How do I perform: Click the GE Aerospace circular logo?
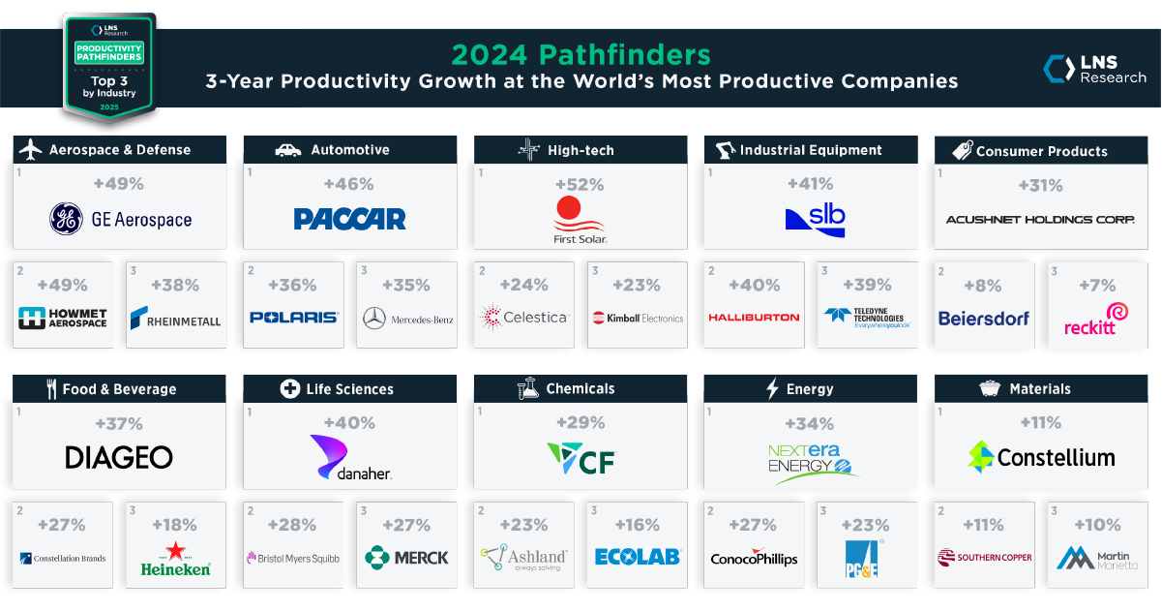pos(67,219)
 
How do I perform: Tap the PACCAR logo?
pos(349,219)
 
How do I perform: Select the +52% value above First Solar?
pos(580,184)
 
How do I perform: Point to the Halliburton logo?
pos(754,318)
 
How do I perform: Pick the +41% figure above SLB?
pos(811,184)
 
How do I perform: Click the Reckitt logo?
pos(1089,318)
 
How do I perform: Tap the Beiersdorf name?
pos(984,318)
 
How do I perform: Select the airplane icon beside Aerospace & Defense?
pos(32,150)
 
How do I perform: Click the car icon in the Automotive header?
pos(288,150)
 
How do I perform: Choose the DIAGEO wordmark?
pos(119,457)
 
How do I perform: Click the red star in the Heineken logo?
pos(175,552)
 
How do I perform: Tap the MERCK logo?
pos(406,557)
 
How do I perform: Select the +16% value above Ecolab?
pos(639,525)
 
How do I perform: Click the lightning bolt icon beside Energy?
pos(772,389)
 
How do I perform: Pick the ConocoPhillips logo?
pos(754,559)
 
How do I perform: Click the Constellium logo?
pos(1041,457)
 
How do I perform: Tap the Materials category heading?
pos(1040,389)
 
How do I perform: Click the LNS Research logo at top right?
pos(1094,70)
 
